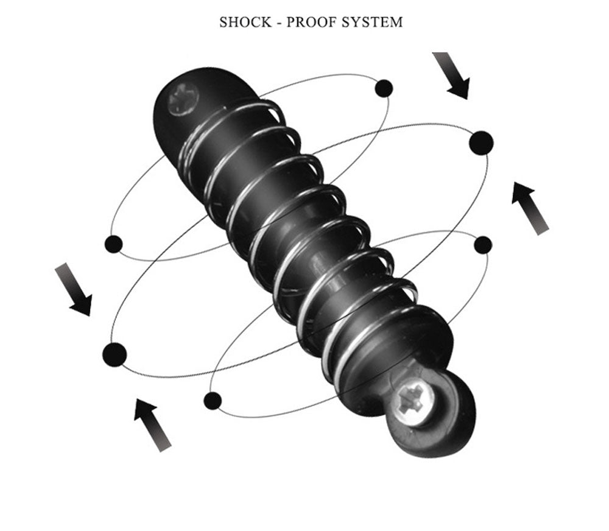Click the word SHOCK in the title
(245, 22)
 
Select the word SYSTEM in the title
(373, 22)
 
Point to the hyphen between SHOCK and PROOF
(279, 23)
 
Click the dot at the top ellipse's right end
(384, 88)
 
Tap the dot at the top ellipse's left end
(114, 244)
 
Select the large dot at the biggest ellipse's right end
(481, 143)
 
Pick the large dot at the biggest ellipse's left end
(115, 354)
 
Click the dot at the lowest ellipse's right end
(483, 245)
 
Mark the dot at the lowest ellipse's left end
(213, 401)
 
